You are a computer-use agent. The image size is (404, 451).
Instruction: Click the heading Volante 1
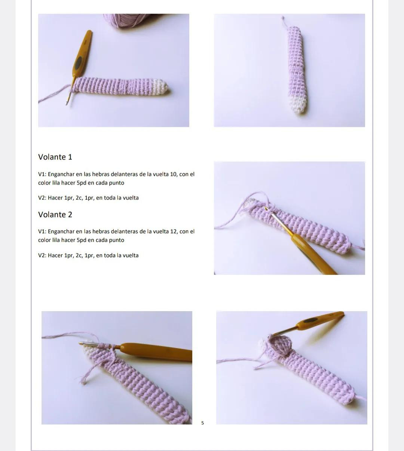[55, 157]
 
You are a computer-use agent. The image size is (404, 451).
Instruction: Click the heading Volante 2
[55, 215]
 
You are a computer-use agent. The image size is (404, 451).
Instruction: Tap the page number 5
[203, 423]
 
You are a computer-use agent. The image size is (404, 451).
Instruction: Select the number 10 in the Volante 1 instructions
[174, 174]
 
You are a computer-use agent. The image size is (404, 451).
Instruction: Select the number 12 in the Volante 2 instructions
[174, 231]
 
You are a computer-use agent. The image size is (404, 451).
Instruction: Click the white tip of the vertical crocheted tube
[298, 104]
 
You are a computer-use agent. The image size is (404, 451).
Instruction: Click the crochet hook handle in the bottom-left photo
[157, 352]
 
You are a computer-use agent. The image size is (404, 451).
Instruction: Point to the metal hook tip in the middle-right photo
[267, 209]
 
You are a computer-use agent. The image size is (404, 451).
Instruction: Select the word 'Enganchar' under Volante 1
[61, 174]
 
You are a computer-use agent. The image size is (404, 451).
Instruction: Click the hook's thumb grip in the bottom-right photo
[310, 320]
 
